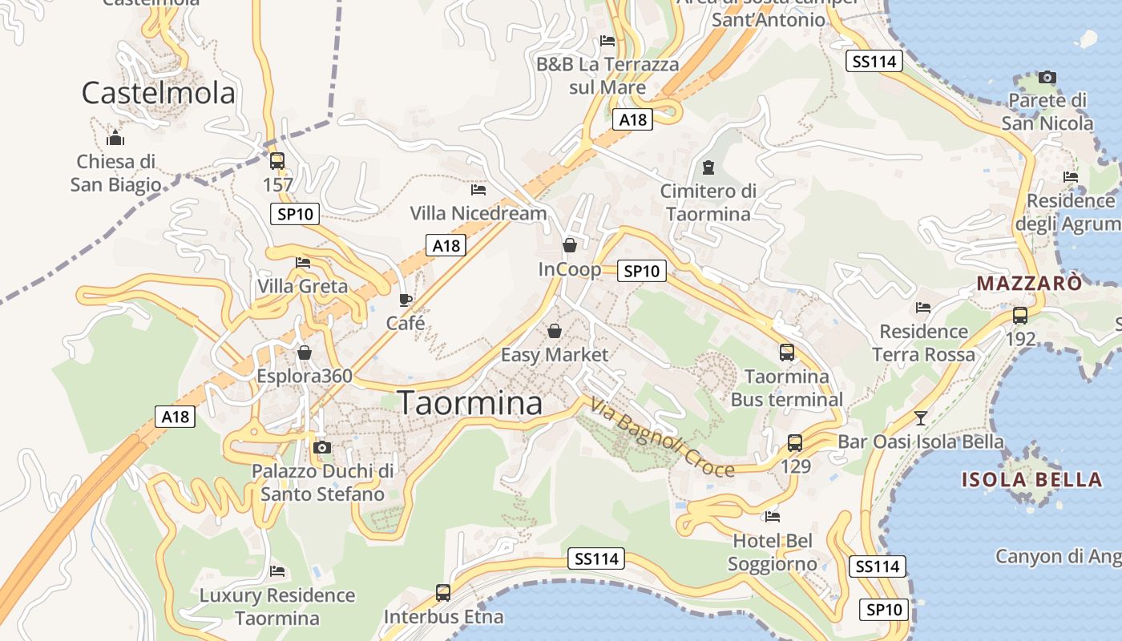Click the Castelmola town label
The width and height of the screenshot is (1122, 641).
(159, 93)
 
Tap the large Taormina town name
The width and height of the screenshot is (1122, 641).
(470, 402)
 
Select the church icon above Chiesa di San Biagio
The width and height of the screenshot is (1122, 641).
(115, 138)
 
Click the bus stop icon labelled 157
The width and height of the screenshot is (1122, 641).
(277, 160)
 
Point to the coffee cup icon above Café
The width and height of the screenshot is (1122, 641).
(406, 300)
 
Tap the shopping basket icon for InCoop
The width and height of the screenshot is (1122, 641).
(570, 245)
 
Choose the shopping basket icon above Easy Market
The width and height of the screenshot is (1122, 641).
(554, 330)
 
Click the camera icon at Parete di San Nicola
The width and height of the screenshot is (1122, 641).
(1047, 77)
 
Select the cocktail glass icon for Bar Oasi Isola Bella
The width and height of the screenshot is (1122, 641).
(921, 417)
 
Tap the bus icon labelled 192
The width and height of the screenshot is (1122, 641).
(1020, 315)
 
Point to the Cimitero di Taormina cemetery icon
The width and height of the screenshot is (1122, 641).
(708, 167)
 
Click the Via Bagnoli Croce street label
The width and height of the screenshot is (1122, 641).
(662, 437)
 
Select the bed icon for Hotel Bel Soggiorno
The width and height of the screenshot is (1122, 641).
(773, 517)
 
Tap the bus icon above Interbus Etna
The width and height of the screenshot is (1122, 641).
(443, 593)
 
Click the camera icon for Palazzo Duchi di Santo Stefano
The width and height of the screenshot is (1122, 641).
(322, 446)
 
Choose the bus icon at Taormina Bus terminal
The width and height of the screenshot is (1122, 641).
(787, 352)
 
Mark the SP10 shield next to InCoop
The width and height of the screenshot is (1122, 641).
(641, 271)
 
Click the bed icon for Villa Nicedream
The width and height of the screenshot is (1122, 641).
(478, 190)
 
